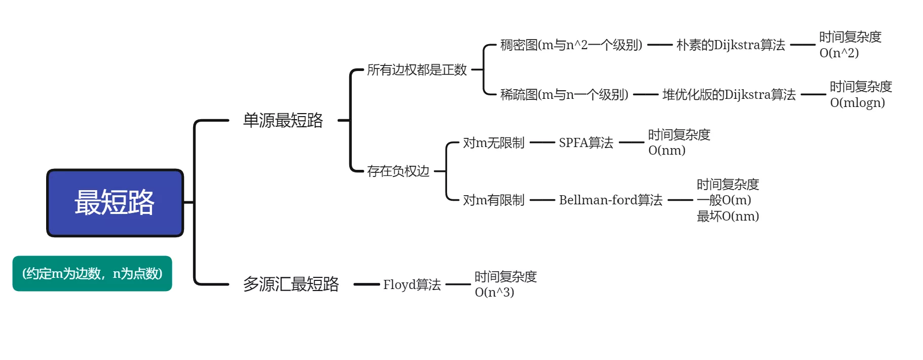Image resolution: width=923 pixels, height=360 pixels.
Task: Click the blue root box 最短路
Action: (115, 203)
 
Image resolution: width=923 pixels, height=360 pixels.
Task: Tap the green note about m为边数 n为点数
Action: (92, 274)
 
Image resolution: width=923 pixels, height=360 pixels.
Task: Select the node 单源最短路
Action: (283, 120)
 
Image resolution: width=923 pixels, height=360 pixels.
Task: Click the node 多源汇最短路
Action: (291, 284)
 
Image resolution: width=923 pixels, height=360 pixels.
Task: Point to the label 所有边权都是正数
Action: (417, 70)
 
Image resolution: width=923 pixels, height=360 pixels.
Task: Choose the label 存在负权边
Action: (398, 171)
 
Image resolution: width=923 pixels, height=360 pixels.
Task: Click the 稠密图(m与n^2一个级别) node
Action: (571, 45)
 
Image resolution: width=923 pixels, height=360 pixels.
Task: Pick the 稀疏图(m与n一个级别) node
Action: (564, 95)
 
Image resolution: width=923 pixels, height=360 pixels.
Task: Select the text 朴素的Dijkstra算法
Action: (731, 45)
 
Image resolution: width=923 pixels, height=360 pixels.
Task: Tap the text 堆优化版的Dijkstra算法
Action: (729, 95)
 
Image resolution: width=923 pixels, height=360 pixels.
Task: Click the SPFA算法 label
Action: (586, 142)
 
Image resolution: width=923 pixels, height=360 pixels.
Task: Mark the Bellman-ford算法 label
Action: (611, 200)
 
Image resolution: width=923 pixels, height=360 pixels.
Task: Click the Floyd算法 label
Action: (412, 284)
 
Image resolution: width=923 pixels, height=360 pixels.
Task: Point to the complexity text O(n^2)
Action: (839, 53)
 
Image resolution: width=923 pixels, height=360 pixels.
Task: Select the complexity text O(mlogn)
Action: (858, 102)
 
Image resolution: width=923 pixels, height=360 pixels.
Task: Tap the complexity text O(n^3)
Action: (494, 292)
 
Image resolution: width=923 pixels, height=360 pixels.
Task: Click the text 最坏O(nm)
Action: (728, 216)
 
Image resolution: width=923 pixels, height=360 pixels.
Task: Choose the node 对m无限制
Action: (494, 143)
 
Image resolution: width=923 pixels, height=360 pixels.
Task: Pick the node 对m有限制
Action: (494, 200)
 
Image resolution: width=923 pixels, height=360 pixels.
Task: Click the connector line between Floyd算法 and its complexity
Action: (458, 284)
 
